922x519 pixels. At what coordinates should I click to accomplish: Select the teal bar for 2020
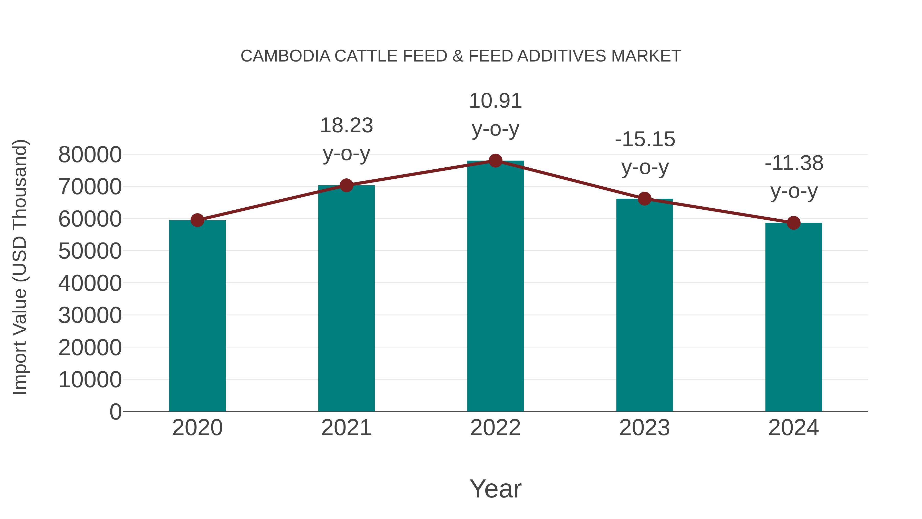[x=197, y=315]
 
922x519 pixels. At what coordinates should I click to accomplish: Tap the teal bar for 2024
[x=793, y=317]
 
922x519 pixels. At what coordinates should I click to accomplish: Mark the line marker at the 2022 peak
[x=495, y=161]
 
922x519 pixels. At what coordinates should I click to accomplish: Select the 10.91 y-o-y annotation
[x=495, y=115]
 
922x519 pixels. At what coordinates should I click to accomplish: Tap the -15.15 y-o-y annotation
[x=645, y=153]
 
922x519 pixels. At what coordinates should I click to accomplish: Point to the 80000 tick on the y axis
[x=90, y=155]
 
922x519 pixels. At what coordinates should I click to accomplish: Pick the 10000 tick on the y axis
[x=90, y=380]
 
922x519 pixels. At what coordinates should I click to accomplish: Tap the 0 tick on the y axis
[x=116, y=412]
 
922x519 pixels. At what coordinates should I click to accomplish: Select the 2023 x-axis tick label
[x=645, y=428]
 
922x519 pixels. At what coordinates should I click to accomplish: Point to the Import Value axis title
[x=20, y=267]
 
